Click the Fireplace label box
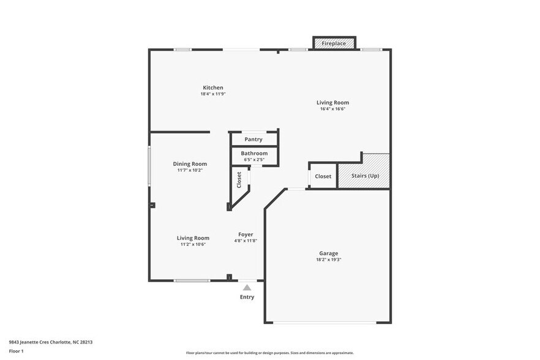334,43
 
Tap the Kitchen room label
213,88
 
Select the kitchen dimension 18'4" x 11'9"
213,94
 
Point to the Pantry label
253,140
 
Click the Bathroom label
254,153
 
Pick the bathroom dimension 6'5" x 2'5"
253,160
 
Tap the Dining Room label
190,163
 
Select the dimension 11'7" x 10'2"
190,170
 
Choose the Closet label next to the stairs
323,176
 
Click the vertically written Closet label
239,179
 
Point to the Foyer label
246,234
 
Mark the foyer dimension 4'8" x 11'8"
246,241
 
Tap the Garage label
328,253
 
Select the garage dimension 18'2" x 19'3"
328,260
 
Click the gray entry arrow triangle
247,287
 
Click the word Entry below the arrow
247,298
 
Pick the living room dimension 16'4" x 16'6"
333,109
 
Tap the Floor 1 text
16,351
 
